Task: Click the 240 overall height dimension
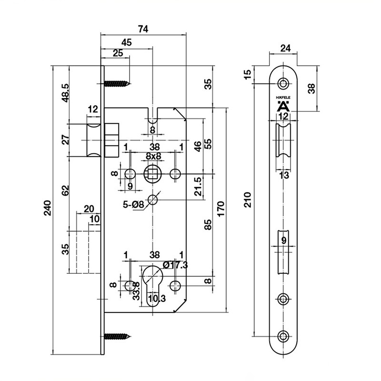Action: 48,208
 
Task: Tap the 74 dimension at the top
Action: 143,29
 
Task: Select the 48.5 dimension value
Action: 65,92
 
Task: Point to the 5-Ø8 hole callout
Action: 133,205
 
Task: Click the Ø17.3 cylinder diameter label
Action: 175,265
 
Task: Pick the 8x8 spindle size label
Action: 153,156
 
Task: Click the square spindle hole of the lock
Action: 152,174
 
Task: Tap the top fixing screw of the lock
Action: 117,84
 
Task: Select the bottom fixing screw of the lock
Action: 117,337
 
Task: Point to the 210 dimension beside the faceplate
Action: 247,200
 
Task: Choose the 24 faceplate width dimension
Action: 285,48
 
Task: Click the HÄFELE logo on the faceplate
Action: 283,104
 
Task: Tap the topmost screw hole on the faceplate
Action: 283,84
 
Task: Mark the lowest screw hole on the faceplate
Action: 283,336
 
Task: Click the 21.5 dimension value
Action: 198,186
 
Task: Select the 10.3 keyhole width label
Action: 157,298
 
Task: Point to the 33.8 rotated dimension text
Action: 136,291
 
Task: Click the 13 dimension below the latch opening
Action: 283,175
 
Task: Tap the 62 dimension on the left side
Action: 65,191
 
